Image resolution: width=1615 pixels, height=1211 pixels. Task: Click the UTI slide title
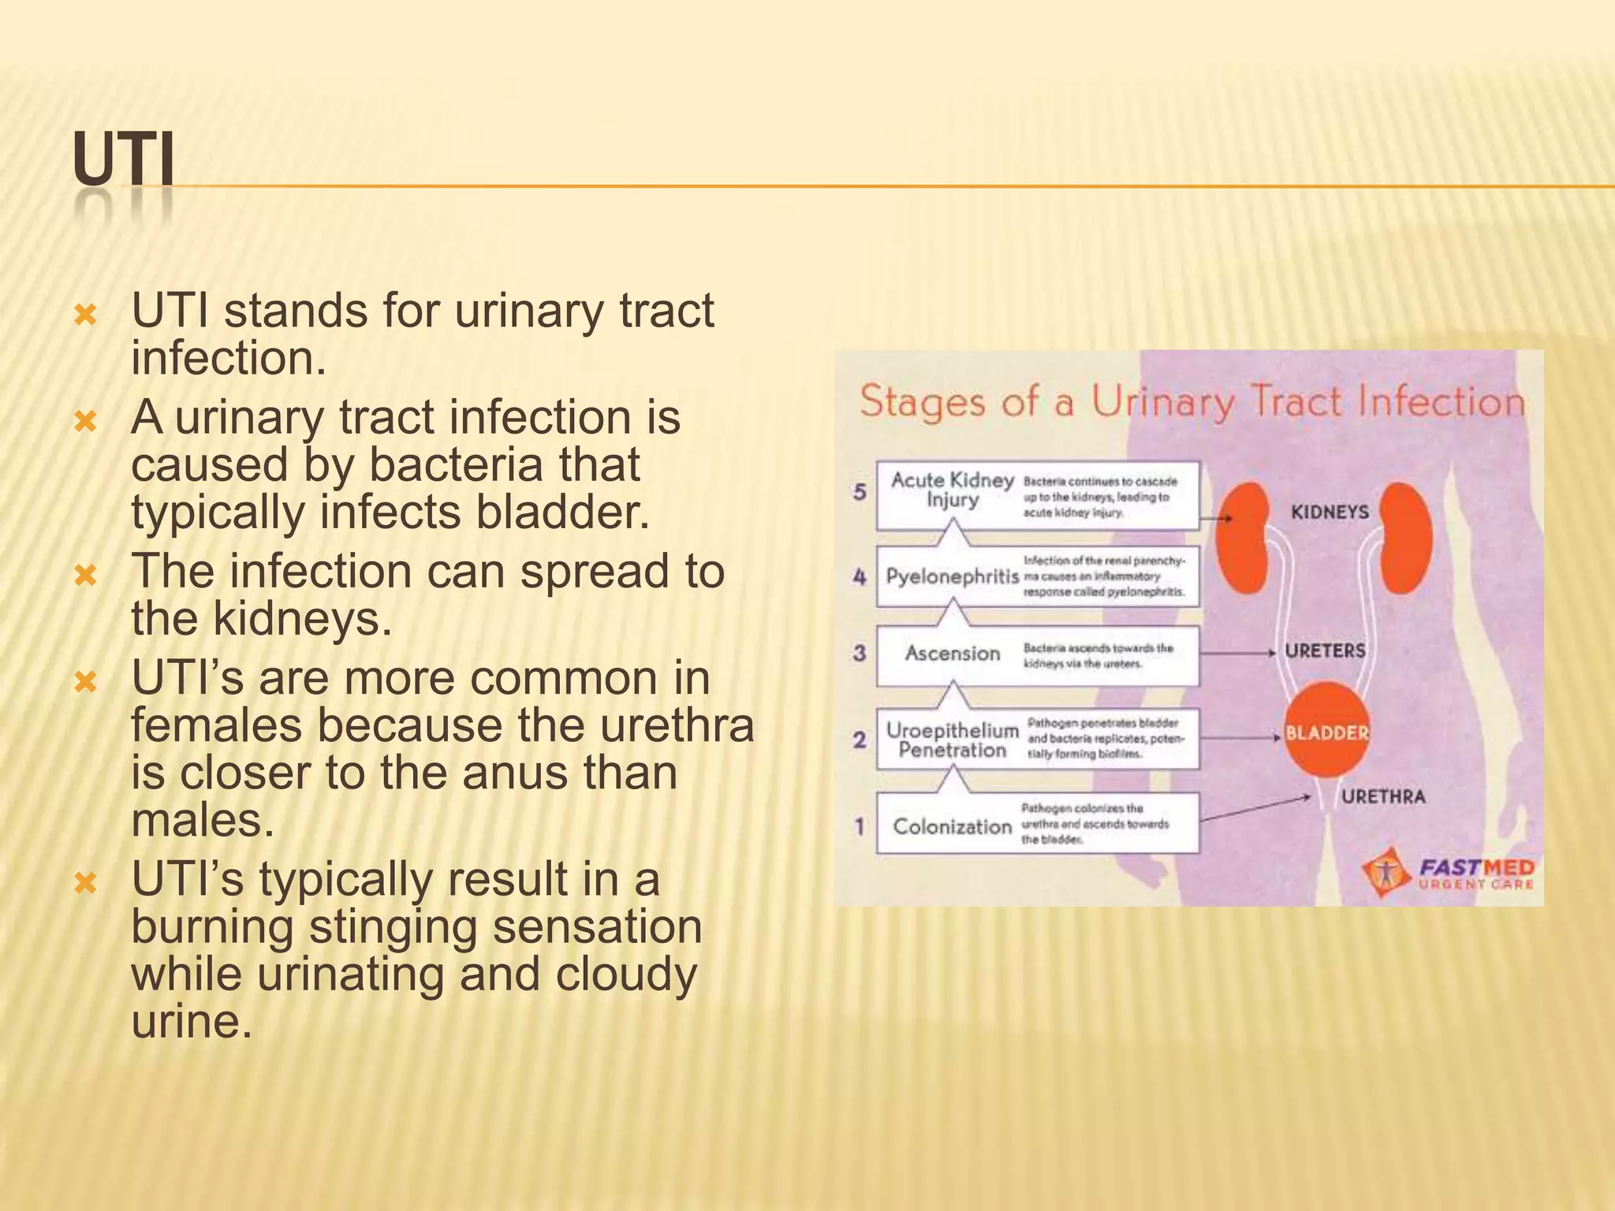point(124,162)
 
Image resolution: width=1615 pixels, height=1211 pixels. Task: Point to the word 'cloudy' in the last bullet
point(626,974)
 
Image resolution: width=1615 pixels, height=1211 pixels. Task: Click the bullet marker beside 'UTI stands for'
point(84,317)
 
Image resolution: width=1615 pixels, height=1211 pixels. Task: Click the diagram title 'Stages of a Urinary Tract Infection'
point(1191,401)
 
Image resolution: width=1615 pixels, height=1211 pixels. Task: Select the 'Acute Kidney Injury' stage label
point(952,490)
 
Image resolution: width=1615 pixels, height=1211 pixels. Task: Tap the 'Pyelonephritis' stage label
point(952,576)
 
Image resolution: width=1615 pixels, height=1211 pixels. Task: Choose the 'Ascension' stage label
point(952,654)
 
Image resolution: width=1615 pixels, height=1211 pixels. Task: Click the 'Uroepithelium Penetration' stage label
point(952,740)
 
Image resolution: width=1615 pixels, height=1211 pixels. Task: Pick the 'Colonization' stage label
point(952,826)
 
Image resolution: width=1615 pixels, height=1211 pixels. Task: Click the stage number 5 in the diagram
point(860,492)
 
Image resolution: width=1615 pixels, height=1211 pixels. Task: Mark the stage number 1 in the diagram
point(860,826)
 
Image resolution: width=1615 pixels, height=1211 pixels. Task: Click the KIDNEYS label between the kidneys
point(1330,512)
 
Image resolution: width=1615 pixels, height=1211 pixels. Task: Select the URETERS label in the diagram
point(1325,651)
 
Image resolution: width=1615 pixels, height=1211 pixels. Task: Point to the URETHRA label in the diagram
point(1383,797)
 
